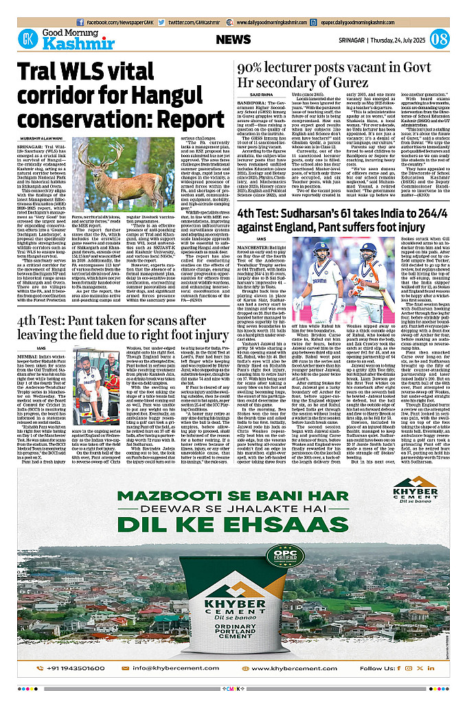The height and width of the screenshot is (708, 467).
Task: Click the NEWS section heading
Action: coord(233,40)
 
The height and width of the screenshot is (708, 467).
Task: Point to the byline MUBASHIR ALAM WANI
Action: coord(45,137)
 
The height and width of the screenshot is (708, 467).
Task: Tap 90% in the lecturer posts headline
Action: coord(249,67)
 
